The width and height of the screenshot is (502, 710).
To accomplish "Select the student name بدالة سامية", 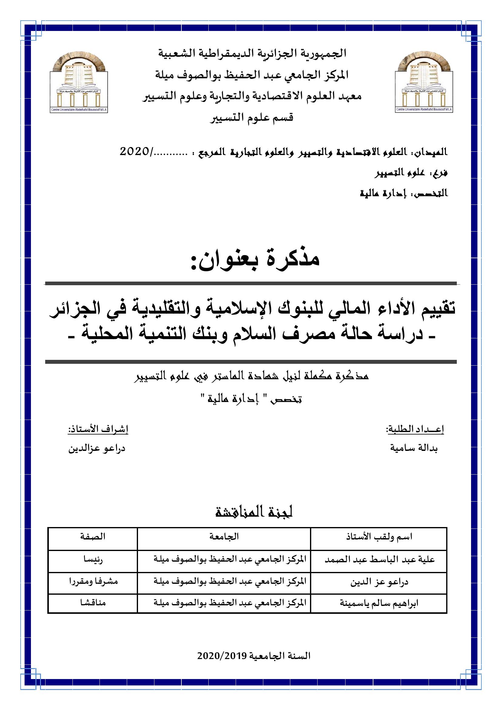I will (x=414, y=448).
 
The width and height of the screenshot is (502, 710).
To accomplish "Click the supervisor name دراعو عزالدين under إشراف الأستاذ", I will (x=97, y=448).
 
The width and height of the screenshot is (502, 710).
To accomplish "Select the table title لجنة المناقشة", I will (x=254, y=512).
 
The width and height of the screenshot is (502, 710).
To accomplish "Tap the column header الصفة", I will (x=93, y=536).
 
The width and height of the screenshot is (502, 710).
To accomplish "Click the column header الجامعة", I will (x=224, y=536).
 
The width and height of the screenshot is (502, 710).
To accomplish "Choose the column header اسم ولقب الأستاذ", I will (x=379, y=537).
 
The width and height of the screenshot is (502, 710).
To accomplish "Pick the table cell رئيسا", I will (x=93, y=560).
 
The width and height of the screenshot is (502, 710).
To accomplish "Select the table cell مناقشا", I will (x=93, y=603).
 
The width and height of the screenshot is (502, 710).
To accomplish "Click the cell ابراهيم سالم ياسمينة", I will (x=379, y=603).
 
